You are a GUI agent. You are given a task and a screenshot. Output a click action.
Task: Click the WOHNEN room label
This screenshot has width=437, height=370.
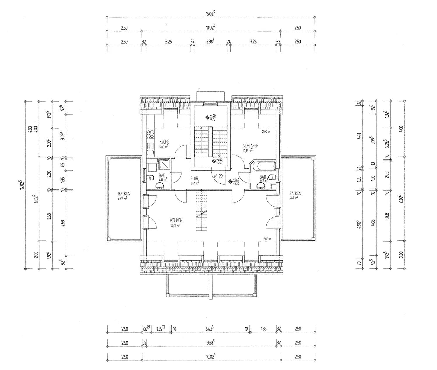pyautogui.click(x=176, y=220)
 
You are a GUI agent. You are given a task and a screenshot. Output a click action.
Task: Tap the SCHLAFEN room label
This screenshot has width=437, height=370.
pyautogui.click(x=250, y=146)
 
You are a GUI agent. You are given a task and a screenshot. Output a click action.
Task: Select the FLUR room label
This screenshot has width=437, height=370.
pyautogui.click(x=194, y=179)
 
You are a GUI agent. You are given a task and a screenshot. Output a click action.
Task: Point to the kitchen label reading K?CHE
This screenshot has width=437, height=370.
pyautogui.click(x=164, y=142)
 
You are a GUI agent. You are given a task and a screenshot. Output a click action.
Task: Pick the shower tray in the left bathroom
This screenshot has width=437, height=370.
pyautogui.click(x=164, y=164)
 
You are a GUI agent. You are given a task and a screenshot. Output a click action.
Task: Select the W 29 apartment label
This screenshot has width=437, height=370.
pyautogui.click(x=218, y=176)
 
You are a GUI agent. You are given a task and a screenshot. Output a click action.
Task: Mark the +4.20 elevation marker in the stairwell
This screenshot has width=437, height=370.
pyautogui.click(x=212, y=116)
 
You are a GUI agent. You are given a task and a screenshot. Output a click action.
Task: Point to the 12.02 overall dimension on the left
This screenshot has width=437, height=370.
pyautogui.click(x=21, y=185)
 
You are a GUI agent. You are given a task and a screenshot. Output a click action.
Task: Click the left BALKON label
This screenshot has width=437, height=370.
pyautogui.click(x=124, y=194)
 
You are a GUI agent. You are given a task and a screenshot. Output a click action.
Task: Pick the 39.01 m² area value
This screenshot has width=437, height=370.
pyautogui.click(x=175, y=225)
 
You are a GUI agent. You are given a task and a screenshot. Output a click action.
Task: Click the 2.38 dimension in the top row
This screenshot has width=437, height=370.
pyautogui.click(x=210, y=41)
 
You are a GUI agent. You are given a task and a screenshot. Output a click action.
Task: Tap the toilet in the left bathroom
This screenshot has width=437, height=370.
pyautogui.click(x=151, y=178)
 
